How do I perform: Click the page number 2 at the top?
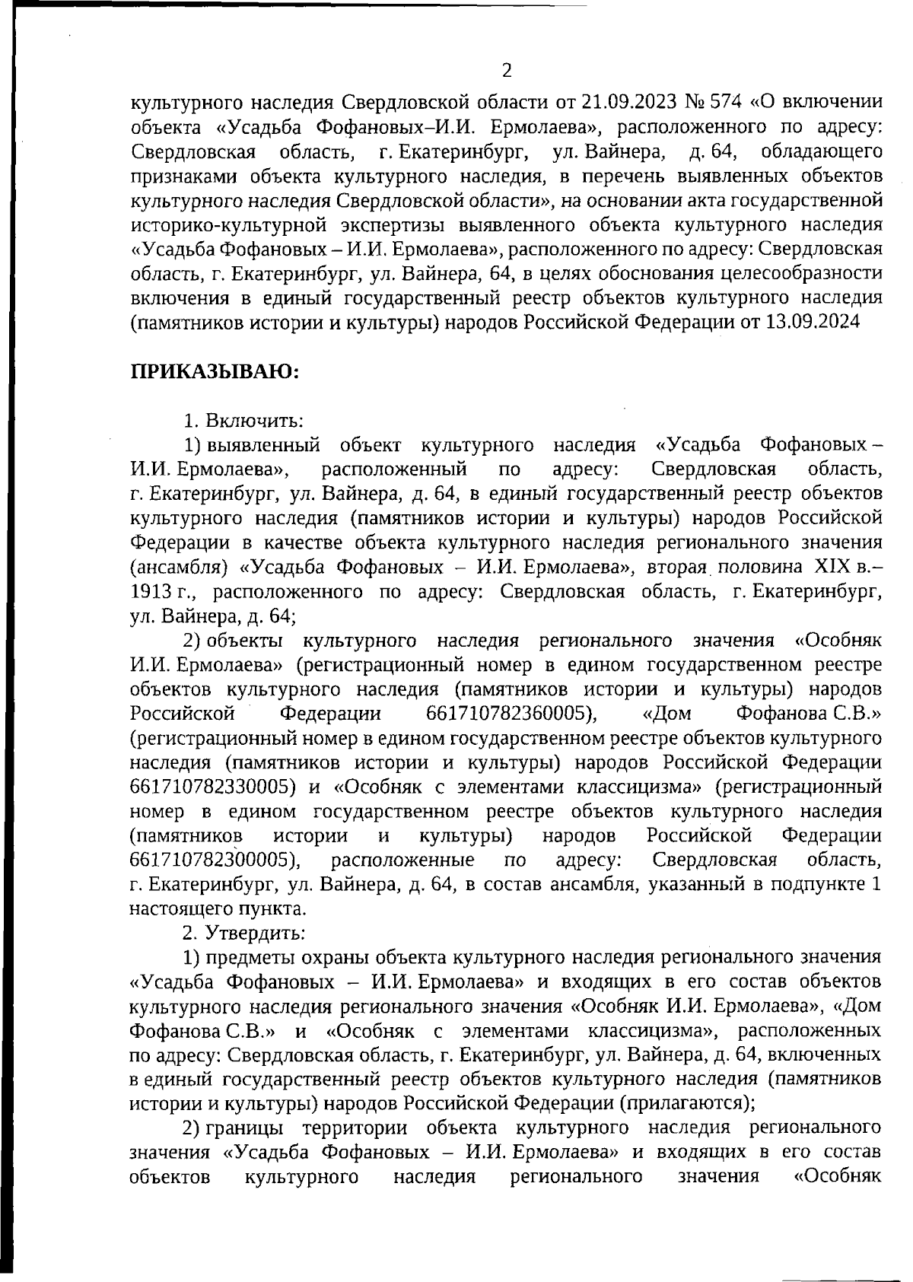(507, 72)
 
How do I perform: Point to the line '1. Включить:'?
(243, 420)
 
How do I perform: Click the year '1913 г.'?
(164, 591)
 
